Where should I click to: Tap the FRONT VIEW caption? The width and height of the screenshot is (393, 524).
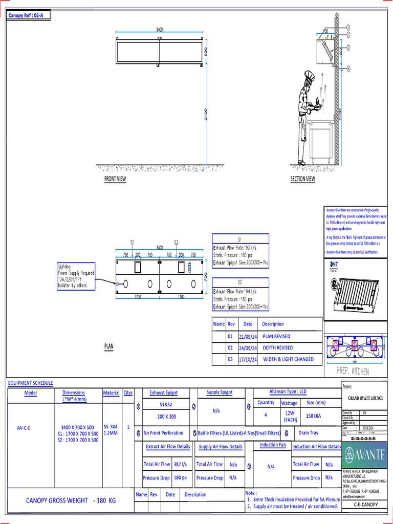click(115, 179)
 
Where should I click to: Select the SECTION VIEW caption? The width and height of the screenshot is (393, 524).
click(303, 179)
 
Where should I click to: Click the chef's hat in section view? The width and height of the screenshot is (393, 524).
click(309, 76)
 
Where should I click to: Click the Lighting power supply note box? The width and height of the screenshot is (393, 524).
click(76, 277)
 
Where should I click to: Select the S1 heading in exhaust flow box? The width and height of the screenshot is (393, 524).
click(240, 239)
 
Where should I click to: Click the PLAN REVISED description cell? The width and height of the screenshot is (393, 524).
click(276, 336)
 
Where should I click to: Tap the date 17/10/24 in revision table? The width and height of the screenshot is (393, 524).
click(248, 359)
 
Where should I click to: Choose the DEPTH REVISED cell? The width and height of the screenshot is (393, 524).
click(278, 348)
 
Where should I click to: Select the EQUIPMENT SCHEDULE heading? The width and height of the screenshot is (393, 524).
click(30, 383)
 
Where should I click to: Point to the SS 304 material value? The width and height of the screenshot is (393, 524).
click(111, 426)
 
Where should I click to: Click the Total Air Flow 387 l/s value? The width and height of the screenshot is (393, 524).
click(180, 464)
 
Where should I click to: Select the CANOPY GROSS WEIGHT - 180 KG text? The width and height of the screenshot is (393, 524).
click(71, 500)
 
